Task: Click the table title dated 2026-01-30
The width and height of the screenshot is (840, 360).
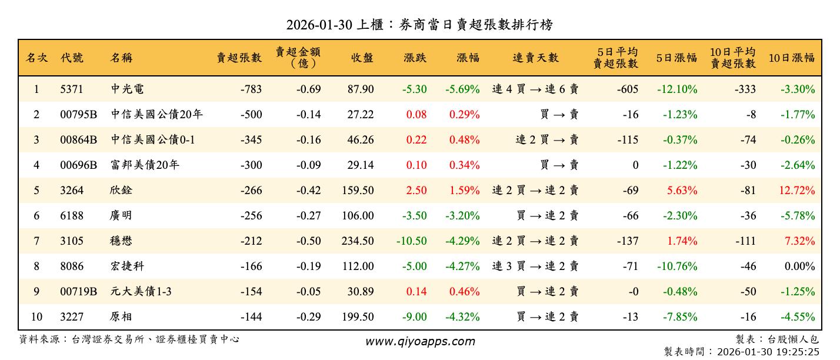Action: (419, 25)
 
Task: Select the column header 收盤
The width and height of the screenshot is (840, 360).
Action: (362, 58)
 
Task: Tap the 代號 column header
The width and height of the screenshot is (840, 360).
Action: (72, 58)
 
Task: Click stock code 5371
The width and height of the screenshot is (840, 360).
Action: (72, 89)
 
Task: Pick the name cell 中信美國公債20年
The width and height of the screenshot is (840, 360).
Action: (156, 115)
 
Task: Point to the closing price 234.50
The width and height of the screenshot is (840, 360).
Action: (358, 241)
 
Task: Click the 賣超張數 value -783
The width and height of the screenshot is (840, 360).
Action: (251, 89)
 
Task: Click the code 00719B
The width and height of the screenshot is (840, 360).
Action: (78, 292)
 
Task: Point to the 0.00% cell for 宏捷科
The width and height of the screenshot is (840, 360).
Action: (800, 266)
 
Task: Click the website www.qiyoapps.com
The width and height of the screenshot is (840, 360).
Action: (419, 341)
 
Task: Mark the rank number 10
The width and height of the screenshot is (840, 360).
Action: (36, 317)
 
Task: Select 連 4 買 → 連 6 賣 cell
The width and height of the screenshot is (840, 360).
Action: (535, 89)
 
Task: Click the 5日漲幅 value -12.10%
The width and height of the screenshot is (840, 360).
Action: (677, 89)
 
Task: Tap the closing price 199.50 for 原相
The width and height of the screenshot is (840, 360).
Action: (358, 317)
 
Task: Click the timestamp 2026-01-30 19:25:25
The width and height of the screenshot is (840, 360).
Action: (766, 352)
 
